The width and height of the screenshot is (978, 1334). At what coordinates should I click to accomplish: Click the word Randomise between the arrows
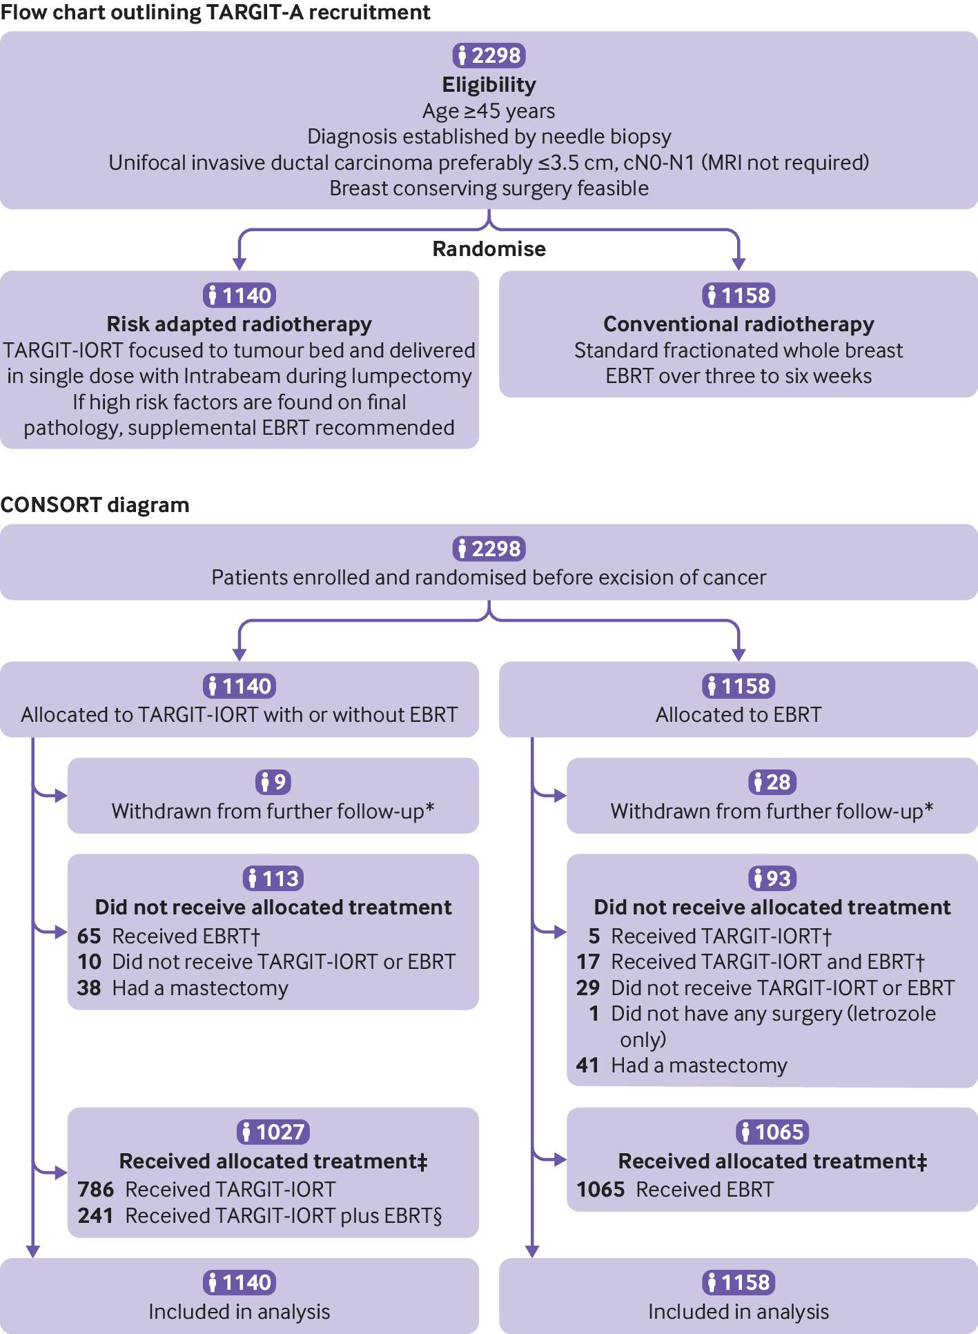tap(489, 248)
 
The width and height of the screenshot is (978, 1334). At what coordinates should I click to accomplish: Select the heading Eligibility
tap(489, 85)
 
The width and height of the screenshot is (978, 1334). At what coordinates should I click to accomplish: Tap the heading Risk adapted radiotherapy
tap(239, 324)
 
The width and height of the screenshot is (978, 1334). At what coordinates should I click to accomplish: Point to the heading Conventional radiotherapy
tap(739, 324)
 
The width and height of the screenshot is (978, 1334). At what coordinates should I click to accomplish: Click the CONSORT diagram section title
tap(95, 504)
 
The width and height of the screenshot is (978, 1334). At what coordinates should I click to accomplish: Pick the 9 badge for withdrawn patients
tap(273, 782)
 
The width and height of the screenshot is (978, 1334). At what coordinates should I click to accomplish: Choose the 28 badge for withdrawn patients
tap(772, 782)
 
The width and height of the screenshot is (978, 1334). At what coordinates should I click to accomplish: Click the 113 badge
tap(273, 878)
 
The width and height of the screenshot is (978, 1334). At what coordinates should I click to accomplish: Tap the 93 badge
tap(772, 878)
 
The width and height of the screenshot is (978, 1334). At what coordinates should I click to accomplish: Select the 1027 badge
tap(273, 1132)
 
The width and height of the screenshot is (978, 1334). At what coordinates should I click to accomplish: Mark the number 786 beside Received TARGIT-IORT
tap(96, 1189)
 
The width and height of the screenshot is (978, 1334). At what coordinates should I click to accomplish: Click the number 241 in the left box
tap(96, 1215)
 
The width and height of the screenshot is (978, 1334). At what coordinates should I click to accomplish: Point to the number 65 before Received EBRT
tap(89, 936)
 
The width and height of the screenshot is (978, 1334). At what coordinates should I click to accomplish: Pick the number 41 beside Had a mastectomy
tap(588, 1065)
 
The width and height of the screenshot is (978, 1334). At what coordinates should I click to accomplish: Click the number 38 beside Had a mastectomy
tap(89, 988)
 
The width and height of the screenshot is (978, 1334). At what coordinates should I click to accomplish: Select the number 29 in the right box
tap(588, 988)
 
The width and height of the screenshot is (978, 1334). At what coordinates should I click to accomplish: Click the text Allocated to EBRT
tap(739, 714)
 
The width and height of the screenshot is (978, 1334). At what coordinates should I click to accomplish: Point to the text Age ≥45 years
tap(489, 111)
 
